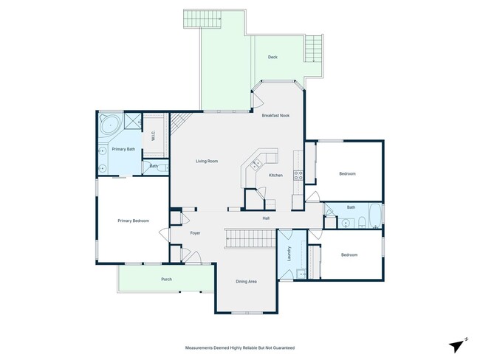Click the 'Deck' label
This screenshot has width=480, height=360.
272,58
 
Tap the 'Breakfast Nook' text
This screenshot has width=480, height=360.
275,115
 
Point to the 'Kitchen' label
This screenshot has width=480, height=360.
275,175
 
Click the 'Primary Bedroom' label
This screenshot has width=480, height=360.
134,221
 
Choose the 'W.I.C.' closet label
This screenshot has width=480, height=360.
153,136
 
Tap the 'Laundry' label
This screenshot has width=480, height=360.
289,255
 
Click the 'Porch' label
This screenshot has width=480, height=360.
166,280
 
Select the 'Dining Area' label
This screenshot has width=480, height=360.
246,281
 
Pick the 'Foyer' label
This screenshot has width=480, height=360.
195,233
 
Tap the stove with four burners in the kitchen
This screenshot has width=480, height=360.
299,176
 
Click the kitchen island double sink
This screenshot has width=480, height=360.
256,162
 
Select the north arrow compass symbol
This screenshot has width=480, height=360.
458,344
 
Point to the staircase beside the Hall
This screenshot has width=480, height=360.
250,238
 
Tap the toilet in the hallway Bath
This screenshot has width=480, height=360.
350,221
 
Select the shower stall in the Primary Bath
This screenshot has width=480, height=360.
133,122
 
